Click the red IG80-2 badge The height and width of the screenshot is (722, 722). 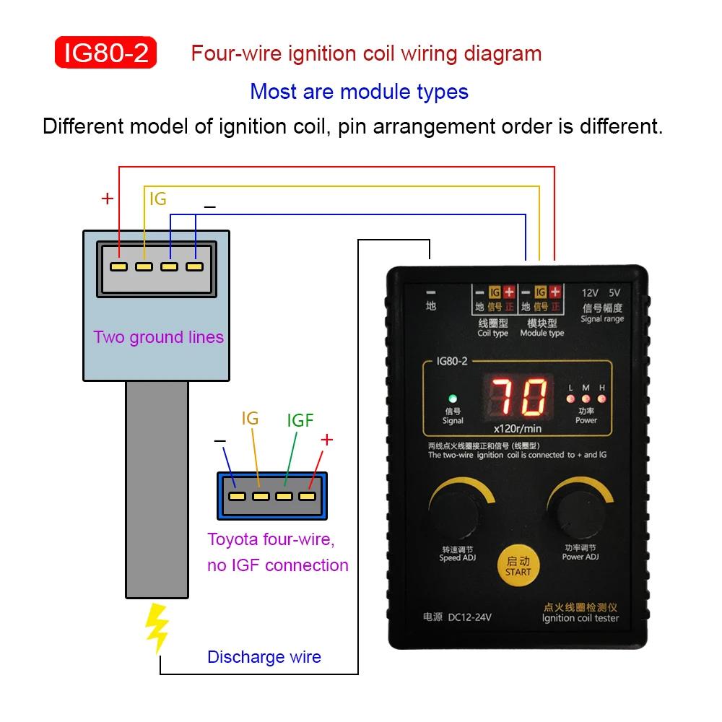pos(105,53)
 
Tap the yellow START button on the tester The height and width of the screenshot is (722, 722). pos(518,566)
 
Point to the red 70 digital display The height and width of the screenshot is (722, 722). pos(519,396)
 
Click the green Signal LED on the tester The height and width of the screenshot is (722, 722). pos(453,399)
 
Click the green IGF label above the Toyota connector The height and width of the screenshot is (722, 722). pos(300,420)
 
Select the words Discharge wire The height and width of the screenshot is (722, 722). pos(264,656)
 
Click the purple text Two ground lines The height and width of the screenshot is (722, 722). pos(158,337)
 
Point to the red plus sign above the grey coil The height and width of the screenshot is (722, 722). pos(108,199)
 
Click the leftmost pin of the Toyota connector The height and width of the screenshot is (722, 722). pos(237,497)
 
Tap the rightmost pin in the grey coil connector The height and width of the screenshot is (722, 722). pos(194,266)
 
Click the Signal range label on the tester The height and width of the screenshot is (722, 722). pos(602,319)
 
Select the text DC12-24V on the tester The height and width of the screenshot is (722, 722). pos(470,617)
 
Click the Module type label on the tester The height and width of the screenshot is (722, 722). pos(542,333)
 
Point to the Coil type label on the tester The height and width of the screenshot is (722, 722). pos(492,333)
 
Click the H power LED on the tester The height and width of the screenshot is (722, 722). pos(601,399)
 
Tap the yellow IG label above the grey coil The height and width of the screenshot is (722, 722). pos(158,199)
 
